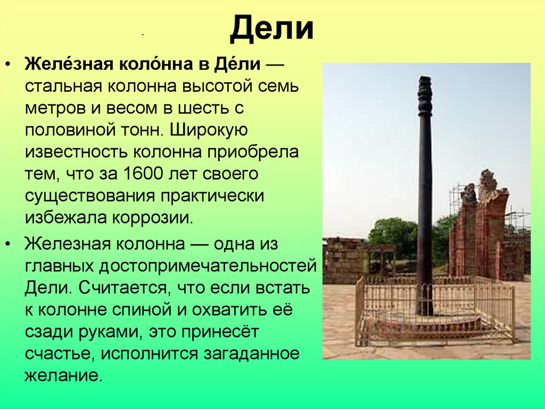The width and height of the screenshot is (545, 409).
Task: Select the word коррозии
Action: pos(152,218)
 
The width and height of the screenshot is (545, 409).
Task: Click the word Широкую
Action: pos(209,130)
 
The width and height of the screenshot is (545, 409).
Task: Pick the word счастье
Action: pos(60,354)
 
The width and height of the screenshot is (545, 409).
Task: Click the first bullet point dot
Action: pos(8,65)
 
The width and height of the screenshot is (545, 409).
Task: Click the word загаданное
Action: pos(251,354)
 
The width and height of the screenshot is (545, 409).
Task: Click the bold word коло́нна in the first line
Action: pos(156,64)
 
